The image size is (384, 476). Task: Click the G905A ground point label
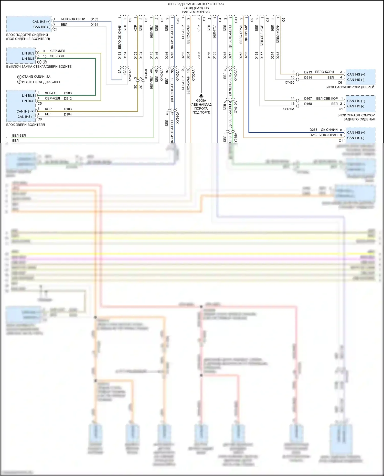click(x=201, y=101)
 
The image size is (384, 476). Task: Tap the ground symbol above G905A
click(x=201, y=96)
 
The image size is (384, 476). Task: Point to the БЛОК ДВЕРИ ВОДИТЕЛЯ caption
click(x=26, y=125)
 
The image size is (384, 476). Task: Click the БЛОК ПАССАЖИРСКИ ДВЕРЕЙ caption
click(x=350, y=87)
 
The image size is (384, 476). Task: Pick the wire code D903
click(x=68, y=93)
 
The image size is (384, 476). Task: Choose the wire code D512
click(x=68, y=98)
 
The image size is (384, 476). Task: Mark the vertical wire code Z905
click(x=199, y=56)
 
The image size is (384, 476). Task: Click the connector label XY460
click(x=290, y=83)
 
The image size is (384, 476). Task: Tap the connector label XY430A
click(x=288, y=109)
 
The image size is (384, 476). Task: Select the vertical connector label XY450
click(x=146, y=74)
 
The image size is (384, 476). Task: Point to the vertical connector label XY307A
click(x=194, y=75)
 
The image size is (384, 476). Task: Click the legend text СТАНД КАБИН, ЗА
click(x=36, y=77)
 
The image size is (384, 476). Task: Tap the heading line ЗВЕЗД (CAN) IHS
click(x=196, y=8)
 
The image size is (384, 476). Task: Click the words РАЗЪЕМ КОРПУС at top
click(x=196, y=12)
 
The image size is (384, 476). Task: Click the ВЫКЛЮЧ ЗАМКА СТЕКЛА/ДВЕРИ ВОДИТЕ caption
click(x=39, y=67)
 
